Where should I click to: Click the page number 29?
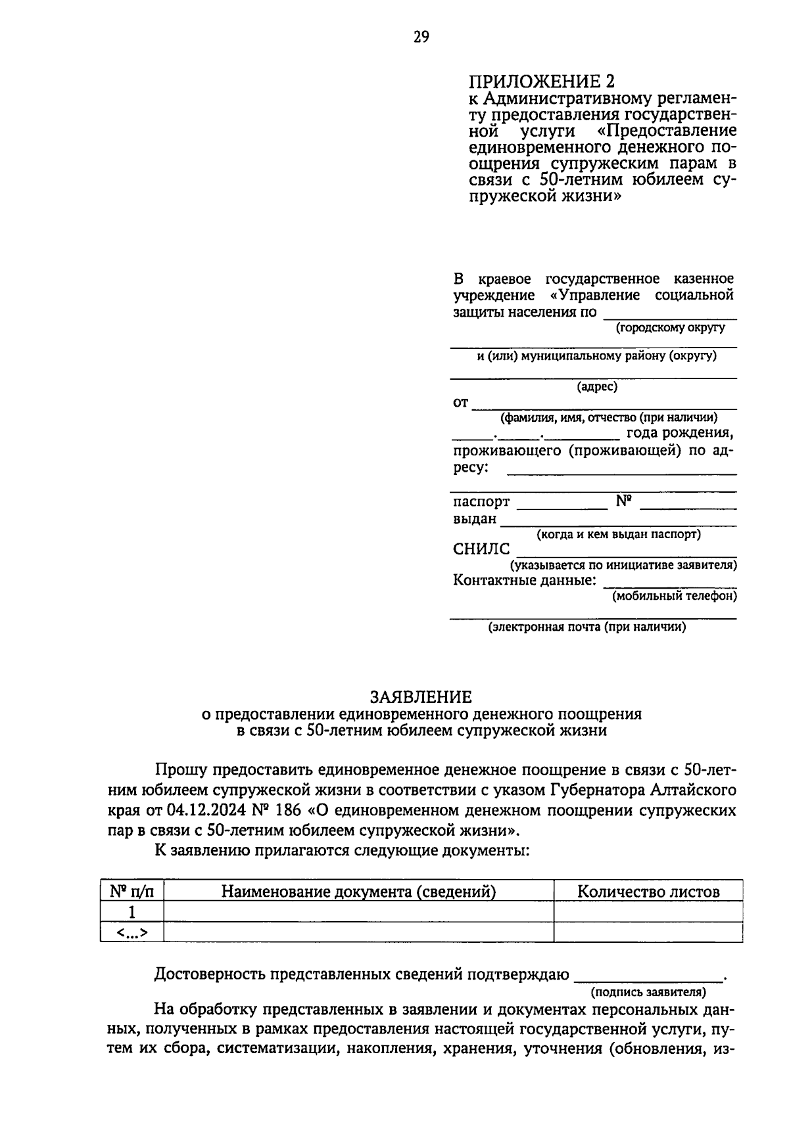(421, 37)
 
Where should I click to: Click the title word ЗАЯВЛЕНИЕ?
(421, 696)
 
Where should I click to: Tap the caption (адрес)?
(597, 387)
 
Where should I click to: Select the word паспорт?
(481, 502)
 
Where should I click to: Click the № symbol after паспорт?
(623, 501)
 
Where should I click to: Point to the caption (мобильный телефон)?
(674, 597)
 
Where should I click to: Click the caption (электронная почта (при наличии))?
(586, 627)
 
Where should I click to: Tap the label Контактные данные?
(525, 581)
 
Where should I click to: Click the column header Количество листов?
(648, 892)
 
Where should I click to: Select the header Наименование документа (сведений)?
(358, 892)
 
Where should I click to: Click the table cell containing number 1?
(131, 912)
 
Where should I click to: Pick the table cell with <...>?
(131, 932)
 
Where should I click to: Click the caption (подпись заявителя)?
(648, 991)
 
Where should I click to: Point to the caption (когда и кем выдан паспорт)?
(619, 534)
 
